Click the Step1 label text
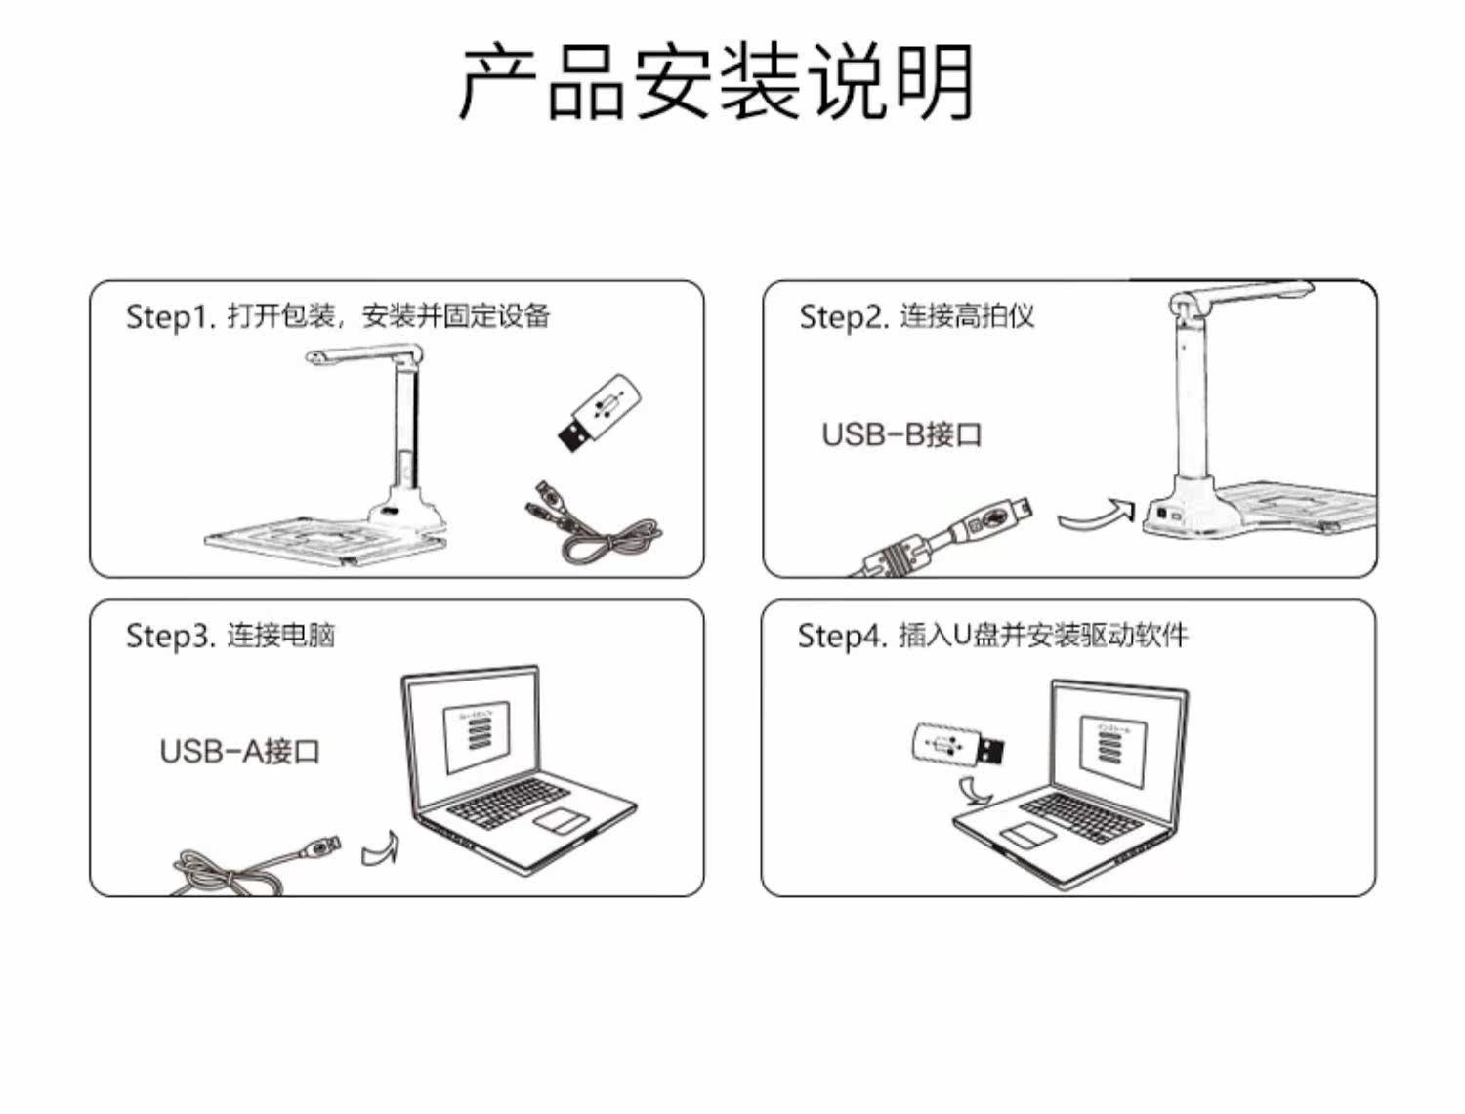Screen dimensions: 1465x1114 338,316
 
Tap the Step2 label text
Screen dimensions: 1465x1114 916,316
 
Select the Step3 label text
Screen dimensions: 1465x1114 230,635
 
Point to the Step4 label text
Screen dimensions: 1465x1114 992,635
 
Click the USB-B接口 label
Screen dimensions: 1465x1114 901,434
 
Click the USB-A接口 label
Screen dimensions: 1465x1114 240,751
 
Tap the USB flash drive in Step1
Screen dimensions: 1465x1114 600,413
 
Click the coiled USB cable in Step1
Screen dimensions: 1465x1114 592,523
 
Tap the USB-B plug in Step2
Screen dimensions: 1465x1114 947,535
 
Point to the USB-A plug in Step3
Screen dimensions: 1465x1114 320,847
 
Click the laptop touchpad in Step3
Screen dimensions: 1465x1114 561,820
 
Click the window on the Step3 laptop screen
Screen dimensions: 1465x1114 477,737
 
